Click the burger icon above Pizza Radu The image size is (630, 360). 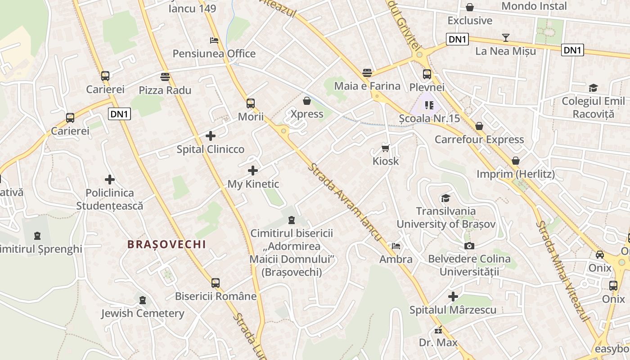(x=165, y=76)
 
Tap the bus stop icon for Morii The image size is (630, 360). (x=251, y=103)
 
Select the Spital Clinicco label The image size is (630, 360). (x=211, y=149)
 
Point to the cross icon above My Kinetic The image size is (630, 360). (x=253, y=171)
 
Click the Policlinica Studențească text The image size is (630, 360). (x=110, y=199)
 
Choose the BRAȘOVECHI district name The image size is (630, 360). (x=166, y=244)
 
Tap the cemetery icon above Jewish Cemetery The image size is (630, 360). (x=143, y=300)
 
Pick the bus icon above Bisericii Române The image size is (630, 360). (x=216, y=283)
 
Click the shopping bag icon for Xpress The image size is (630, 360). (x=307, y=100)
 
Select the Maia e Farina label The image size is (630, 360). (x=367, y=86)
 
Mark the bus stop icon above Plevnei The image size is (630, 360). (x=427, y=74)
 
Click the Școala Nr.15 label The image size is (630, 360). (x=430, y=119)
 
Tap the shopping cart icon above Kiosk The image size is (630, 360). (x=386, y=148)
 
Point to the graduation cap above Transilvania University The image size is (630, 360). (x=445, y=198)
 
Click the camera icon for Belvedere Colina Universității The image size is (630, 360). (x=469, y=246)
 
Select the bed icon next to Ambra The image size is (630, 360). (x=396, y=246)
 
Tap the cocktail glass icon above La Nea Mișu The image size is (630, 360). (x=506, y=38)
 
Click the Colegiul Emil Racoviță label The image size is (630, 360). (x=593, y=107)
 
